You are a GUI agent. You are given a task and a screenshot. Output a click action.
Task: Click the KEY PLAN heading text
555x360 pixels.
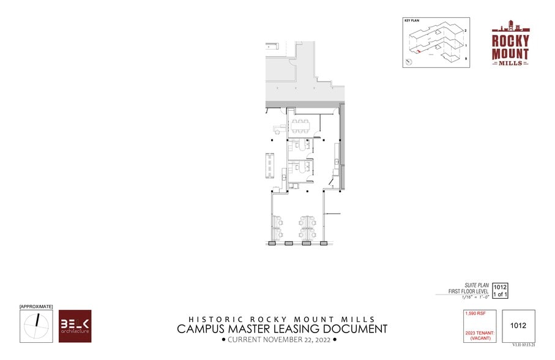411,21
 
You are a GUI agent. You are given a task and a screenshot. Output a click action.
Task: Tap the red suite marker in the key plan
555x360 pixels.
419,53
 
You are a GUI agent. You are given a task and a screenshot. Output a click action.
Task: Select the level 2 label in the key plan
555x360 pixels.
466,30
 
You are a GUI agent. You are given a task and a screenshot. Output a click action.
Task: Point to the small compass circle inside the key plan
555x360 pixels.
408,62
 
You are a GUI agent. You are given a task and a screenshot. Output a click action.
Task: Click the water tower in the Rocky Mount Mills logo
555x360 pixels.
510,28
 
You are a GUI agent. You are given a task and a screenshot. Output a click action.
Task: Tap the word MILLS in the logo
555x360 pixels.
510,63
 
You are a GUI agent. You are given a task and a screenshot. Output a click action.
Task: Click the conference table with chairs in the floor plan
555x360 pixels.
300,126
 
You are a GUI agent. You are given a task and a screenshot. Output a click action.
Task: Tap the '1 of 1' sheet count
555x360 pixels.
501,294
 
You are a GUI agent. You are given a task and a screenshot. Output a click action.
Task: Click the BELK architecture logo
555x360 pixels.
75,326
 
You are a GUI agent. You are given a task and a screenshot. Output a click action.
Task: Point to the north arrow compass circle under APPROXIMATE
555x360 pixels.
36,326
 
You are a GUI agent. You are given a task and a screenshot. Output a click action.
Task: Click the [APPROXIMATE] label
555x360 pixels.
36,306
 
